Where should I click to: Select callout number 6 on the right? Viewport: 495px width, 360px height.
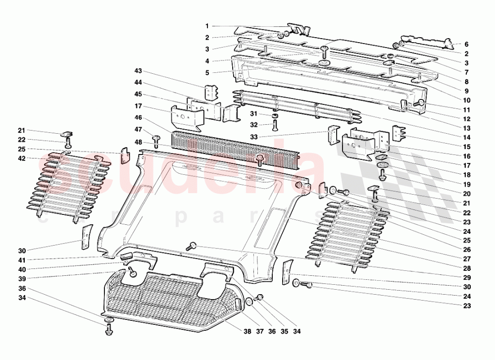[466, 44]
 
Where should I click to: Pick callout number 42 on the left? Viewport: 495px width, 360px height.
[21, 158]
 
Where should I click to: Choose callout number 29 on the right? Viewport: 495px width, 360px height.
[466, 277]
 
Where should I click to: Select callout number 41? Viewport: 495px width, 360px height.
[21, 259]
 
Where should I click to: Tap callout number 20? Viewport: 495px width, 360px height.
[466, 194]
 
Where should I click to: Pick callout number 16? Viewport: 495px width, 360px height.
[466, 156]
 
